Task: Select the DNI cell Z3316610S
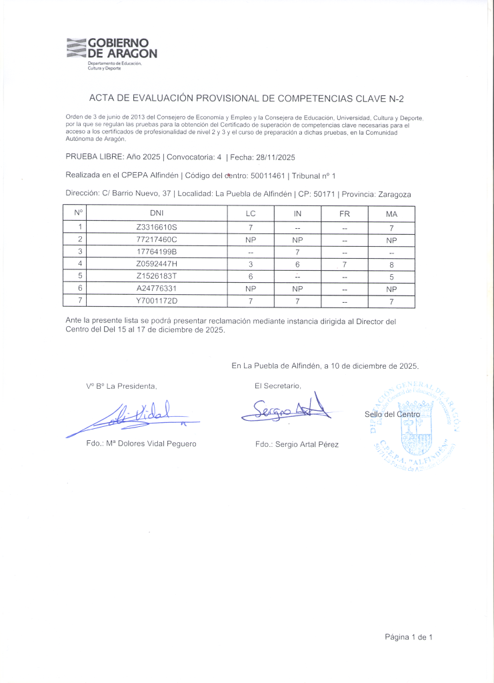[x=157, y=227]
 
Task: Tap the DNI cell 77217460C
[x=157, y=239]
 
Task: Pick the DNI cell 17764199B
[x=157, y=252]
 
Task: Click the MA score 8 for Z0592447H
[x=391, y=264]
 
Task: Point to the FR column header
[x=345, y=213]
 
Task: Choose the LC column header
[x=251, y=213]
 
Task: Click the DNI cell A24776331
[x=157, y=289]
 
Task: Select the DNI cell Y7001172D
[x=157, y=301]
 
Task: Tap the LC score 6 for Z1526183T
[x=251, y=276]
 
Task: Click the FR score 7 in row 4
[x=345, y=264]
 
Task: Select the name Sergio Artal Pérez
[x=297, y=444]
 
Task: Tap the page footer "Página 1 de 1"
[x=408, y=637]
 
